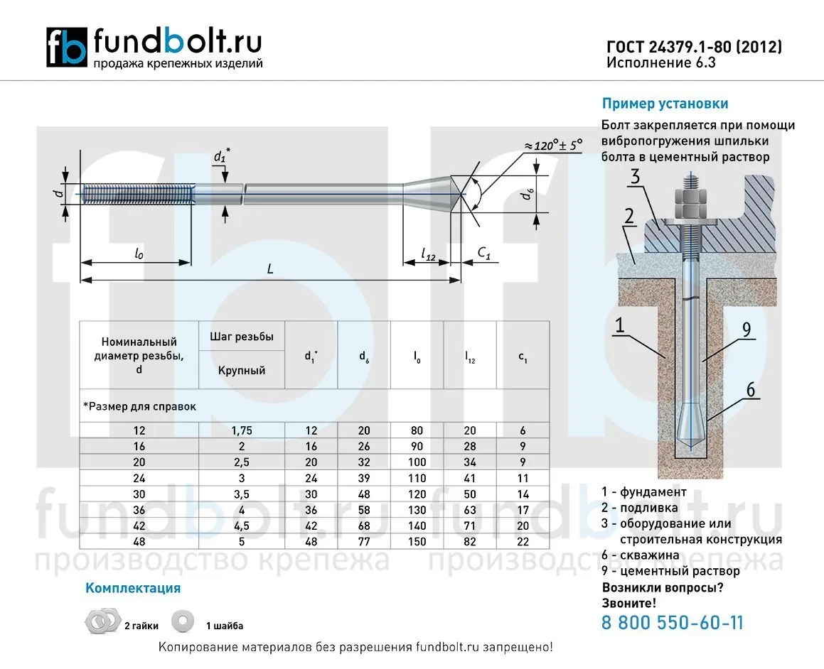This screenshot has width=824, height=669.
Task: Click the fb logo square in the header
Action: [67, 48]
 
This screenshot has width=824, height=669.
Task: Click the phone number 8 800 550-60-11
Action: [673, 624]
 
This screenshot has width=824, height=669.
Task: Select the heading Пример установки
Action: [665, 104]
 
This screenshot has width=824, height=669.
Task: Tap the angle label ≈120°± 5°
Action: [553, 145]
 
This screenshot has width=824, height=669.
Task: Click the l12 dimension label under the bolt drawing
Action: [427, 254]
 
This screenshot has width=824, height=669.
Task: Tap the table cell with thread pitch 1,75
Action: [242, 430]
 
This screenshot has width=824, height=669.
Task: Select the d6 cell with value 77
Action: [363, 542]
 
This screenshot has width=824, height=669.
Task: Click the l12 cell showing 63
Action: [470, 510]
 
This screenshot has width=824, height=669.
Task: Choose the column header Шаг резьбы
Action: [242, 337]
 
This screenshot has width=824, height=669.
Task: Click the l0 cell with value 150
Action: [417, 542]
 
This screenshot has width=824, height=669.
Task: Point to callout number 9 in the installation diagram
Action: [746, 329]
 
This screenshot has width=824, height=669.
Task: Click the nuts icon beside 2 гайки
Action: [102, 621]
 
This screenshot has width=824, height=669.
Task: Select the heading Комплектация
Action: [133, 588]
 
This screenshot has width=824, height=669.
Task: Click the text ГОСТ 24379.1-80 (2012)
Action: [694, 47]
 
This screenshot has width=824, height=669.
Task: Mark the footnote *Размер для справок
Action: [139, 407]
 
